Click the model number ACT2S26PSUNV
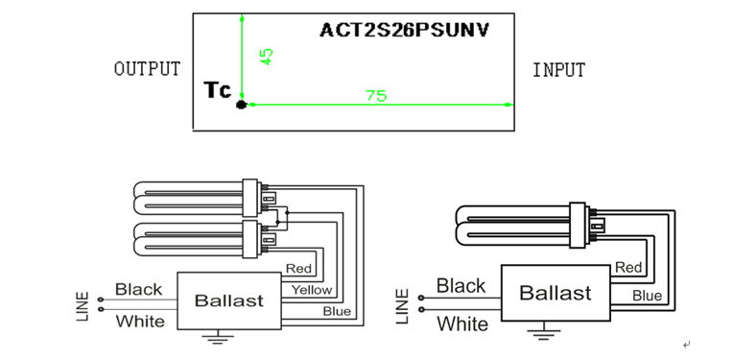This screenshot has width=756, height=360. (404, 30)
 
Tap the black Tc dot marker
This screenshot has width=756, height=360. (241, 105)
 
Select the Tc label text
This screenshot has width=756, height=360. (218, 90)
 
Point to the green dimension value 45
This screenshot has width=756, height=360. (266, 57)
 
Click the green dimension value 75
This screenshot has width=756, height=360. (376, 96)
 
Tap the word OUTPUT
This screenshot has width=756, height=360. (147, 69)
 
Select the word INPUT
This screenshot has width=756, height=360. (558, 70)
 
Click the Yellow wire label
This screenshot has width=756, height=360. (312, 290)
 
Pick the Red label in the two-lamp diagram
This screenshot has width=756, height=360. (299, 268)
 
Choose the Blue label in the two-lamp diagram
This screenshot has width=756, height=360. (337, 311)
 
